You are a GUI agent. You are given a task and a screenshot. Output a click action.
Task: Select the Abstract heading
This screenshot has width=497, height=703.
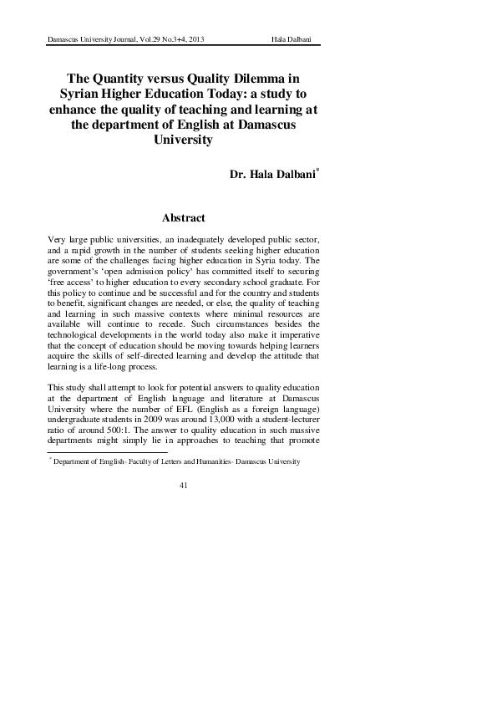(183, 218)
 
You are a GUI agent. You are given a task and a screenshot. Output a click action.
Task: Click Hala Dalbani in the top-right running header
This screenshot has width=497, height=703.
(294, 41)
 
